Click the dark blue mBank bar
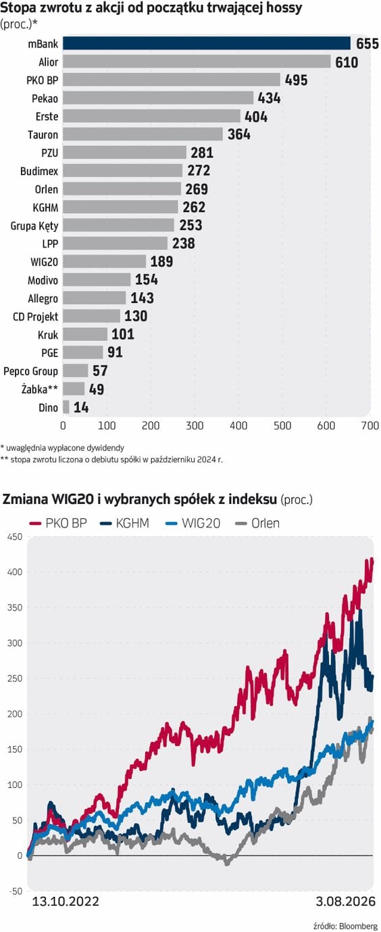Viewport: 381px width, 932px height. coord(207,44)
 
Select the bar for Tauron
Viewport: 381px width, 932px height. coord(143,135)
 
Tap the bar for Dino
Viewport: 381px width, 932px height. coord(66,407)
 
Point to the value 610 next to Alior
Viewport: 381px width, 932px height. coord(347,62)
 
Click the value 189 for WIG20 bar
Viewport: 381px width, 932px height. coord(161,262)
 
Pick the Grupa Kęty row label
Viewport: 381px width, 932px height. coord(34,226)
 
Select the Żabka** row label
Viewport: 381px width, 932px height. coord(40,390)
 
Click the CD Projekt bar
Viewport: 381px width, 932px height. coord(91,317)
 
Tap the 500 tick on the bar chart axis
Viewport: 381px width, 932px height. coord(282,425)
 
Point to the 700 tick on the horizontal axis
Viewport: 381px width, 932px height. coord(370,425)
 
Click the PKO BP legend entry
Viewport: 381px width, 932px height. coord(58,523)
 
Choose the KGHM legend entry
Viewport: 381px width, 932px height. coord(124,523)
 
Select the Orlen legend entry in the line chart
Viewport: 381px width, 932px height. coord(257,523)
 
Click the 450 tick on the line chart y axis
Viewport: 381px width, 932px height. coord(15,537)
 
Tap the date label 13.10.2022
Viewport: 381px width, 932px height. coord(66,902)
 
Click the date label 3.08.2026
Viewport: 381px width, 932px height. coord(345,902)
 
